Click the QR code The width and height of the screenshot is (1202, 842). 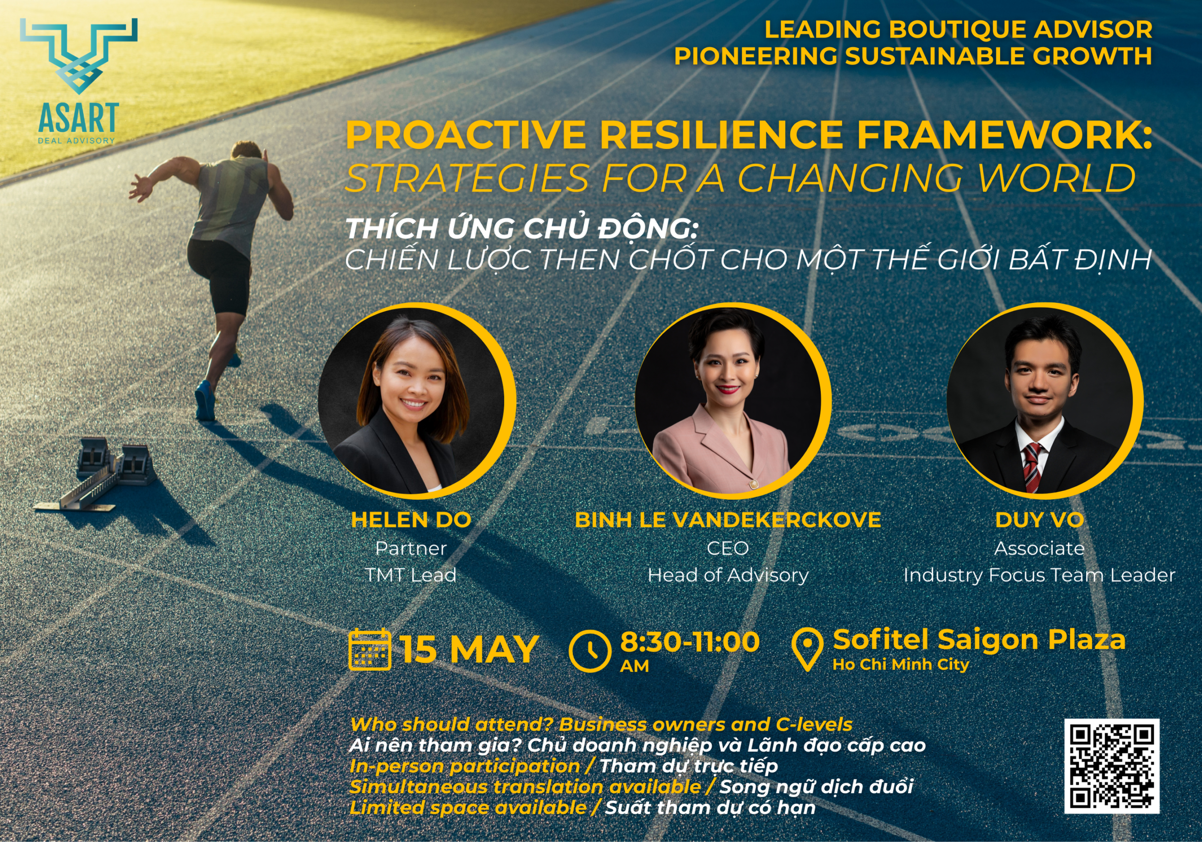(x=1112, y=765)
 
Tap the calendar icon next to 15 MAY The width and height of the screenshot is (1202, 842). (x=370, y=650)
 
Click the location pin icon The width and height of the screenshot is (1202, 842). (x=807, y=649)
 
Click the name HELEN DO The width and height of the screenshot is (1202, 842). (x=411, y=520)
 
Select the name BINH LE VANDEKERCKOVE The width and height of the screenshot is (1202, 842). (x=728, y=520)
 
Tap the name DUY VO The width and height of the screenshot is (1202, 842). (x=1039, y=520)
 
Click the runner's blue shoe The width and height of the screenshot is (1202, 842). (x=205, y=401)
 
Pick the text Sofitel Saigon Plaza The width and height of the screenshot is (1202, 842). (x=979, y=639)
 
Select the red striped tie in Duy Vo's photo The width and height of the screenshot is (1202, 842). (x=1032, y=466)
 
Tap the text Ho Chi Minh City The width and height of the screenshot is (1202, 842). (x=901, y=664)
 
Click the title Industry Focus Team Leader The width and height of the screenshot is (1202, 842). (x=1039, y=575)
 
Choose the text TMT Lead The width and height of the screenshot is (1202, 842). (x=411, y=575)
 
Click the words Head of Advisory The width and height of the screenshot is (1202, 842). (x=728, y=575)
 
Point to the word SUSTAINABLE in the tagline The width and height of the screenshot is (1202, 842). (x=935, y=56)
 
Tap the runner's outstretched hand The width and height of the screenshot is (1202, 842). (x=140, y=187)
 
